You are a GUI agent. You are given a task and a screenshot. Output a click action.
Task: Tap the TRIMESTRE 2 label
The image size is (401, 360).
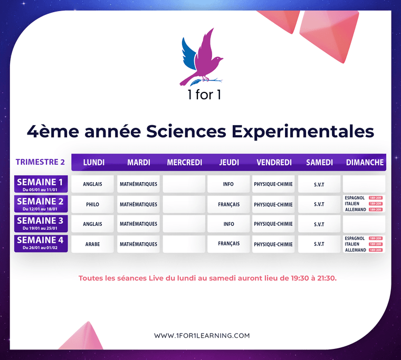(40, 162)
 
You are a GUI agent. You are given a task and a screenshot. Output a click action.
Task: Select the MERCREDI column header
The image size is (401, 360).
(184, 163)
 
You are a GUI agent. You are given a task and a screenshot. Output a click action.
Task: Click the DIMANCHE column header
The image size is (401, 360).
(365, 163)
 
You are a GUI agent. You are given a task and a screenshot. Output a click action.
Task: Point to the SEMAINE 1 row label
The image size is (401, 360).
(40, 184)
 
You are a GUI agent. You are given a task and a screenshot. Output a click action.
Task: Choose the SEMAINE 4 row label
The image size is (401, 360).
(40, 243)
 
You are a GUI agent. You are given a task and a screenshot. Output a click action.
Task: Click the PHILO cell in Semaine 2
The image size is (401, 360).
(92, 204)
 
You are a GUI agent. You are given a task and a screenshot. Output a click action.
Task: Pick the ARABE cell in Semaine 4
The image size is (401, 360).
(92, 244)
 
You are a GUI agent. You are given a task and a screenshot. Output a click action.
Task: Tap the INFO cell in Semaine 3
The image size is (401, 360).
(228, 224)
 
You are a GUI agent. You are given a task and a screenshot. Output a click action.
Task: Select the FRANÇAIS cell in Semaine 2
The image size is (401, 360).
(228, 204)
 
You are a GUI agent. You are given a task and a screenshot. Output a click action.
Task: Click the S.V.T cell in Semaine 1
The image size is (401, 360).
(319, 185)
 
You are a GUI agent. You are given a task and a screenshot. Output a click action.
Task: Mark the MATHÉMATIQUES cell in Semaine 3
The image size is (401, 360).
(138, 224)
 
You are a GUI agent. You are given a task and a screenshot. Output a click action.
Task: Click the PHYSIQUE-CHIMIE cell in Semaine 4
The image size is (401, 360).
(273, 244)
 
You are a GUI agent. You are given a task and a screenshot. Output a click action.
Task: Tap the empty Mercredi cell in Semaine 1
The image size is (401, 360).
(184, 184)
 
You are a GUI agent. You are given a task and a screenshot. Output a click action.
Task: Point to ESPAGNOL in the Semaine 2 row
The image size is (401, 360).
(354, 198)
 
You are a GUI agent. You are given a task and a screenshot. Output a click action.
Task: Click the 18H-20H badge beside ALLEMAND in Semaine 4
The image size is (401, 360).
(375, 250)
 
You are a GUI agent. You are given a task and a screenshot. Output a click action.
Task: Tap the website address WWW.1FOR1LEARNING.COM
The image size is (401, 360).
(202, 336)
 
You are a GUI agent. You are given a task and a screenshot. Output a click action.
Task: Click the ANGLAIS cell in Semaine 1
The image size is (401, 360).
(92, 184)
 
